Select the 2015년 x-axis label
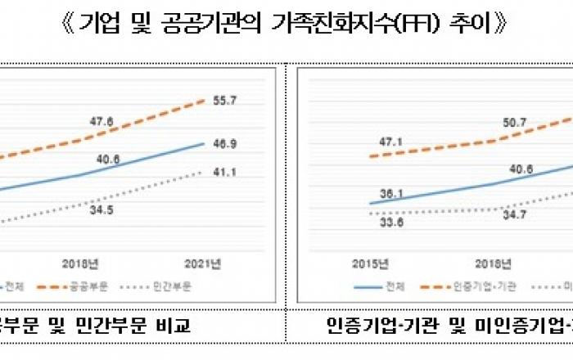click(x=368, y=263)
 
